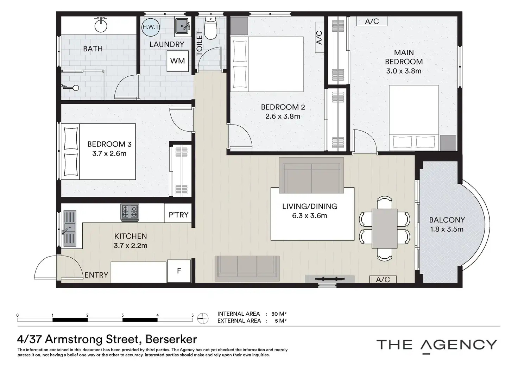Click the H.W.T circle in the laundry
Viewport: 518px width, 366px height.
[x=151, y=27]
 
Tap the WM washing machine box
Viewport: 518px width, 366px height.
[x=178, y=61]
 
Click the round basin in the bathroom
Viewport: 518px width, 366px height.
[x=101, y=25]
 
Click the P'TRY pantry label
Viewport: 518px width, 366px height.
[x=178, y=215]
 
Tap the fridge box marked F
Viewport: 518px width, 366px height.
[x=179, y=271]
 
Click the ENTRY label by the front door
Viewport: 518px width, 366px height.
[x=96, y=275]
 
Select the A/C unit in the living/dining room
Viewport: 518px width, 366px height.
[x=383, y=279]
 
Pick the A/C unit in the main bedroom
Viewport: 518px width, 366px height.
[x=372, y=21]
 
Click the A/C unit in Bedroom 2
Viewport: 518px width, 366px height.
[x=320, y=37]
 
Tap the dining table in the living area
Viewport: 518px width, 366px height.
[x=384, y=229]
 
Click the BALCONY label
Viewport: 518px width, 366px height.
[x=447, y=220]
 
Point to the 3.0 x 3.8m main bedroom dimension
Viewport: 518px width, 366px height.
[x=404, y=71]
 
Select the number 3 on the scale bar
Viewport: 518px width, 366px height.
[x=122, y=315]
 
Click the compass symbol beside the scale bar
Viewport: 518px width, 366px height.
[x=203, y=318]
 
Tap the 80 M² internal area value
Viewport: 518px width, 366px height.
[x=279, y=314]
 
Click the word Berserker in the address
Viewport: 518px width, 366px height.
[x=171, y=339]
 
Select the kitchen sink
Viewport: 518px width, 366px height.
[x=70, y=228]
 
